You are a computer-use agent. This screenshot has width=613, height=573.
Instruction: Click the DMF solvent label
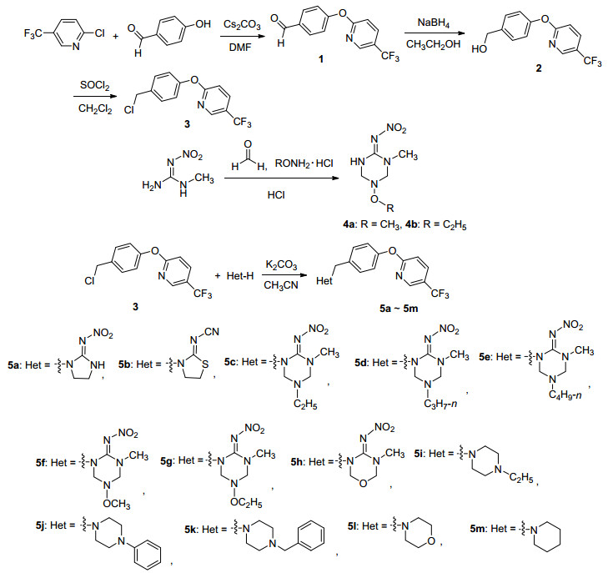pyautogui.click(x=239, y=50)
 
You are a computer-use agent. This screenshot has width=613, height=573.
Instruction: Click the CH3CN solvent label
pyautogui.click(x=282, y=284)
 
